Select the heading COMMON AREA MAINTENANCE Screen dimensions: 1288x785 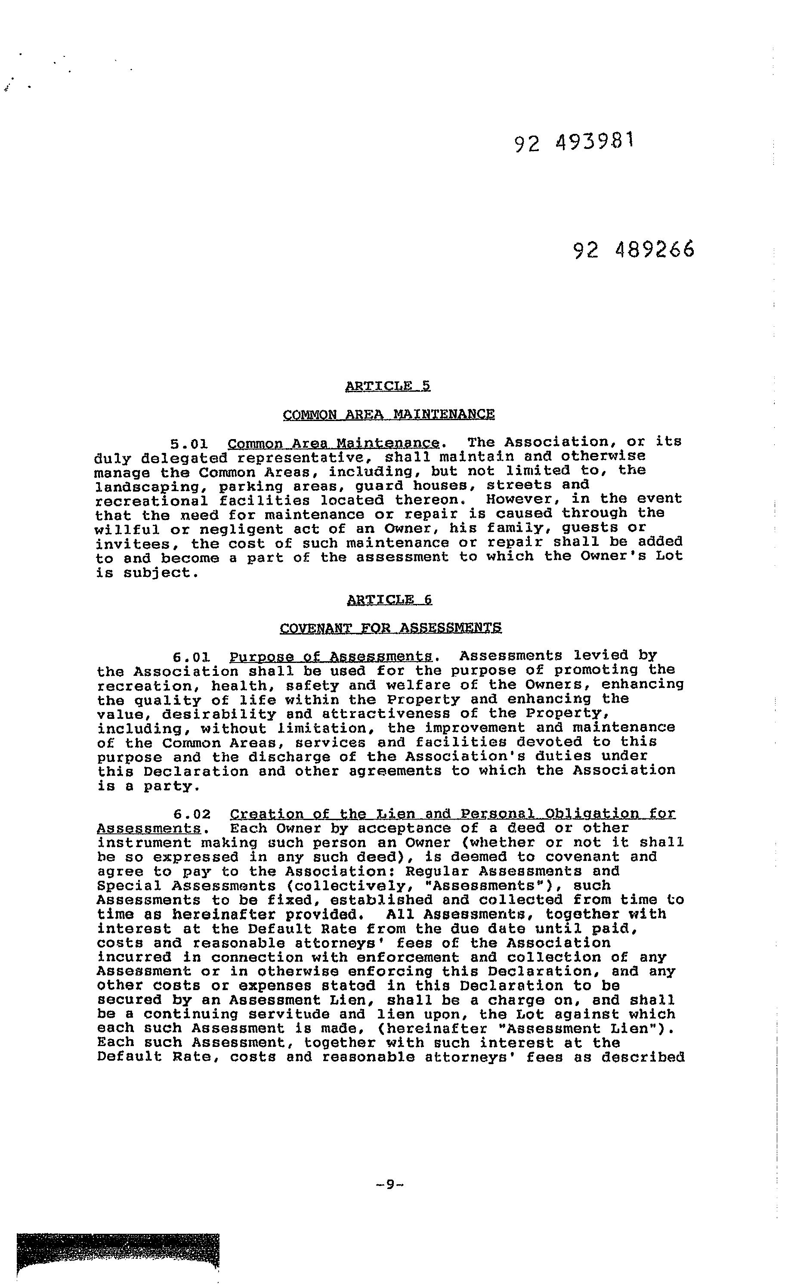(x=388, y=415)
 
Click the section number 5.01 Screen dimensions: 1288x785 (x=190, y=444)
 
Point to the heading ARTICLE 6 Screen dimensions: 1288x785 (x=389, y=600)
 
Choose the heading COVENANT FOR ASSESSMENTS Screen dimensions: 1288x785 (x=390, y=628)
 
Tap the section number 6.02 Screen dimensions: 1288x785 (x=192, y=814)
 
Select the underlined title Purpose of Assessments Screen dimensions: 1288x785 (x=331, y=656)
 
